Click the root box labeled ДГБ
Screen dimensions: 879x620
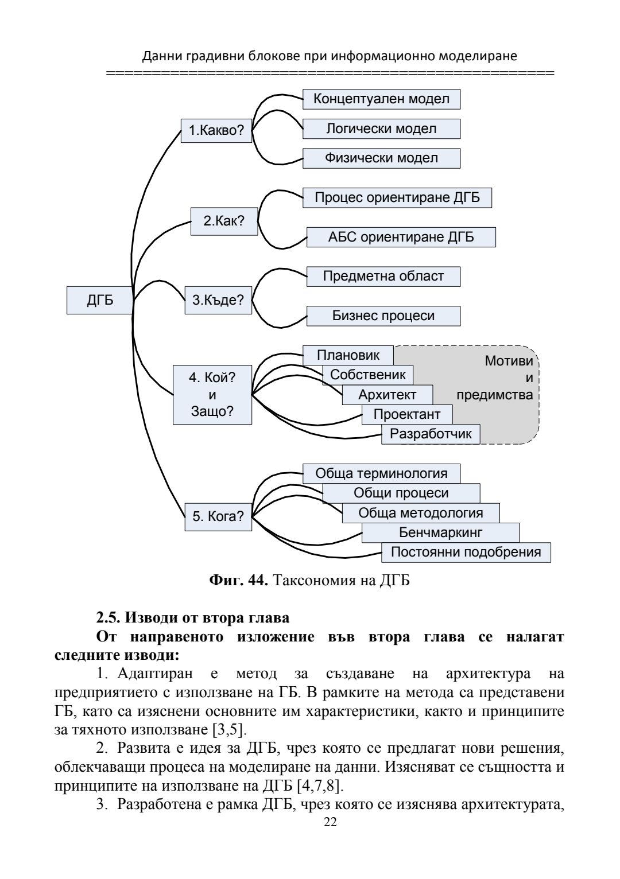pos(100,300)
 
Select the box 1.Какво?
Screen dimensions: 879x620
pos(216,130)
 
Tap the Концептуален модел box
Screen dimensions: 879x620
pos(381,99)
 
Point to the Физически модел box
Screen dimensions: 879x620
pos(381,158)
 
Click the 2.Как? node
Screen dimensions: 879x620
pos(224,221)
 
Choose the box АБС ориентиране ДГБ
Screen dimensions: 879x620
pos(401,237)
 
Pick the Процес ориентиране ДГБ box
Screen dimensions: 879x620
pos(397,198)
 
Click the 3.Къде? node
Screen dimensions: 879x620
pos(218,300)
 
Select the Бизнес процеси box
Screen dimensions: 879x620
pos(383,316)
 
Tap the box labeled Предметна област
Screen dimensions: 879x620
pos(383,277)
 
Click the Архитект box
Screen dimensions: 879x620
pos(387,395)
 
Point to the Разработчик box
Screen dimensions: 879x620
pos(431,434)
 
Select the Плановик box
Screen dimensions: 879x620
pos(348,355)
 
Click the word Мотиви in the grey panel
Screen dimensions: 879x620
pos(509,361)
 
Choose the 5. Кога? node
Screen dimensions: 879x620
pos(218,516)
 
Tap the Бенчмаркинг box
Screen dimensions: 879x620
pos(440,532)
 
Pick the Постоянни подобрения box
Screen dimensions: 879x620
pos(466,552)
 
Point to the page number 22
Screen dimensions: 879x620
pos(330,822)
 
